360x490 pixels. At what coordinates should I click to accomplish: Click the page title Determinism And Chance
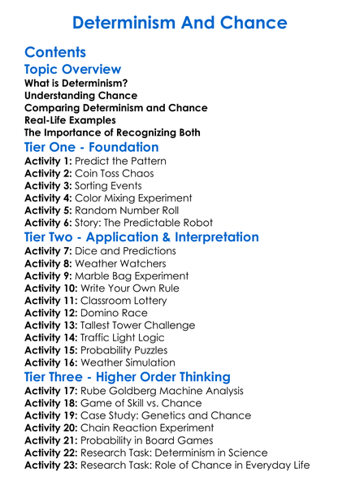(180, 21)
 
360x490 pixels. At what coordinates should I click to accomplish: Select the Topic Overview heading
(73, 70)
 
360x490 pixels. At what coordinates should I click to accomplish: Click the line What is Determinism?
(76, 83)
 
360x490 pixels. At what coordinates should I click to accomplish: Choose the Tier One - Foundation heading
(92, 147)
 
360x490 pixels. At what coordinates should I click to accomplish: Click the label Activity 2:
(48, 173)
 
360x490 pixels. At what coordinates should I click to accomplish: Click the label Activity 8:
(48, 263)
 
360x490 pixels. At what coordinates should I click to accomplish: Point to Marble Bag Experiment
(136, 276)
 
